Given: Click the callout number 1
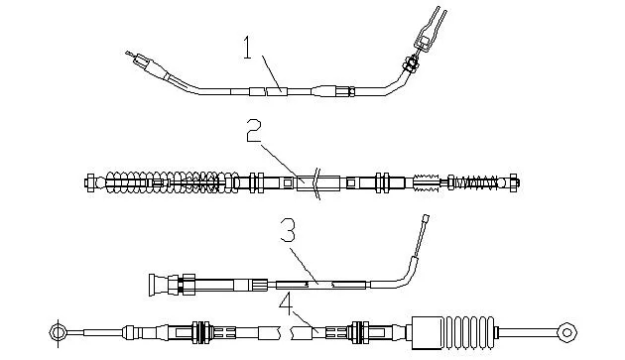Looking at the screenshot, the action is [248, 47].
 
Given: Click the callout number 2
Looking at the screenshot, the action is [254, 130].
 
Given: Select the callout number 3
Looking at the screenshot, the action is [288, 230].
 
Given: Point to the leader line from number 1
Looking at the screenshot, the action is [272, 73].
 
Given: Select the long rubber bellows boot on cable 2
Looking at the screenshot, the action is [173, 182].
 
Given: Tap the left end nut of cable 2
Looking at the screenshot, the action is [90, 183].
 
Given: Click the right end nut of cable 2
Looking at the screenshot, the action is [514, 183].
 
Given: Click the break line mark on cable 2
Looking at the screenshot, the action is [316, 183].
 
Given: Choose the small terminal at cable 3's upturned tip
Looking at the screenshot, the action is [426, 219].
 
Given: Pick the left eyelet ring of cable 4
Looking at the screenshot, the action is [59, 332].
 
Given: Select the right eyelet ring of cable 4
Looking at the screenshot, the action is [566, 332].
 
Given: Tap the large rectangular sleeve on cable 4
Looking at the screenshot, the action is [427, 333].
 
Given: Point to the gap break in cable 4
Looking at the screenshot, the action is [286, 333].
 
